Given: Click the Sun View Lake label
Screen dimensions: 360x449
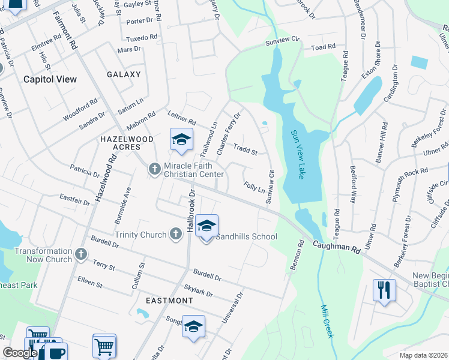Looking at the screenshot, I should tap(298, 155).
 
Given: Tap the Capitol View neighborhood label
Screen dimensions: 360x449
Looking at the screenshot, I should tap(46, 79).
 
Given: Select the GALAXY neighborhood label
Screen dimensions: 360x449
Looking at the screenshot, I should tap(124, 74).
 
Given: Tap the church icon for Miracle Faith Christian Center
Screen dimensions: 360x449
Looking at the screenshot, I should tap(154, 169).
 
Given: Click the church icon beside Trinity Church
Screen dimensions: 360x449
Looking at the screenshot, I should tap(175, 234).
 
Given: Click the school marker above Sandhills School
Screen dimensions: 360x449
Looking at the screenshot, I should tap(206, 226).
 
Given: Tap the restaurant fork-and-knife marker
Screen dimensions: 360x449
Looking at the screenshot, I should tap(384, 290).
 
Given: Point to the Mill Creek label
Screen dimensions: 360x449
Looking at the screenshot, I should tap(327, 321).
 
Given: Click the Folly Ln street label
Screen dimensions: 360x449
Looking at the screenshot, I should tap(255, 188).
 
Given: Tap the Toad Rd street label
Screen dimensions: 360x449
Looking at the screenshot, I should tap(323, 47).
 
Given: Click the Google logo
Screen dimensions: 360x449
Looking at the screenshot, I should tap(20, 353).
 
